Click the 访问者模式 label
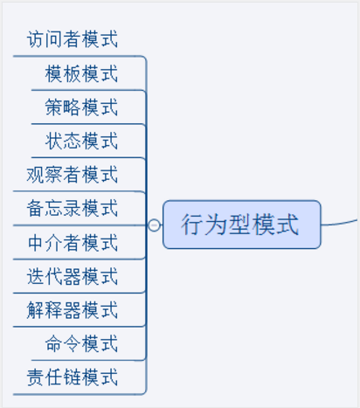73,39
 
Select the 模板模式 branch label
81,73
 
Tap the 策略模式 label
81,107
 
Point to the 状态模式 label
81,141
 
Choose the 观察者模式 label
73,175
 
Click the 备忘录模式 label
73,208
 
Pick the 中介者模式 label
73,243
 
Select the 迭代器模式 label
73,276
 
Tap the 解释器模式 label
73,310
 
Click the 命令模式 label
81,343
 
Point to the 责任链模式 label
73,377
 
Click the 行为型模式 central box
242,225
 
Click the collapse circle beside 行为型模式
154,225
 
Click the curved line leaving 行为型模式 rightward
339,223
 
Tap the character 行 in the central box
192,225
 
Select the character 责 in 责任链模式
36,377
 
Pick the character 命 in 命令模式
54,343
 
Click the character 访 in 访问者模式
36,39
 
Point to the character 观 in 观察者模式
36,175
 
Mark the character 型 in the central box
240,225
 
